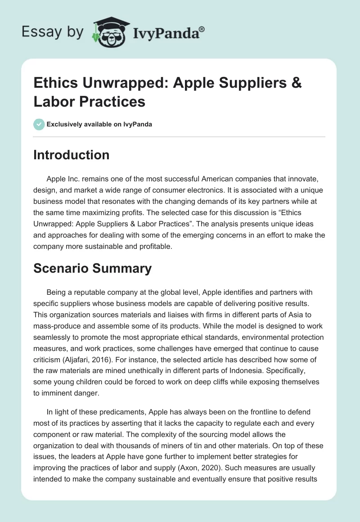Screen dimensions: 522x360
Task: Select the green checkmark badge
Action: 39,124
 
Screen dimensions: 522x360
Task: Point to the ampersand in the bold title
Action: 296,83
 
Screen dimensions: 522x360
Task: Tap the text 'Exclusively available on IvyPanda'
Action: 99,124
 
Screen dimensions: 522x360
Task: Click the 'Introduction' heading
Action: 71,155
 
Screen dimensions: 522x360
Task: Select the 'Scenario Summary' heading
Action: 92,268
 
